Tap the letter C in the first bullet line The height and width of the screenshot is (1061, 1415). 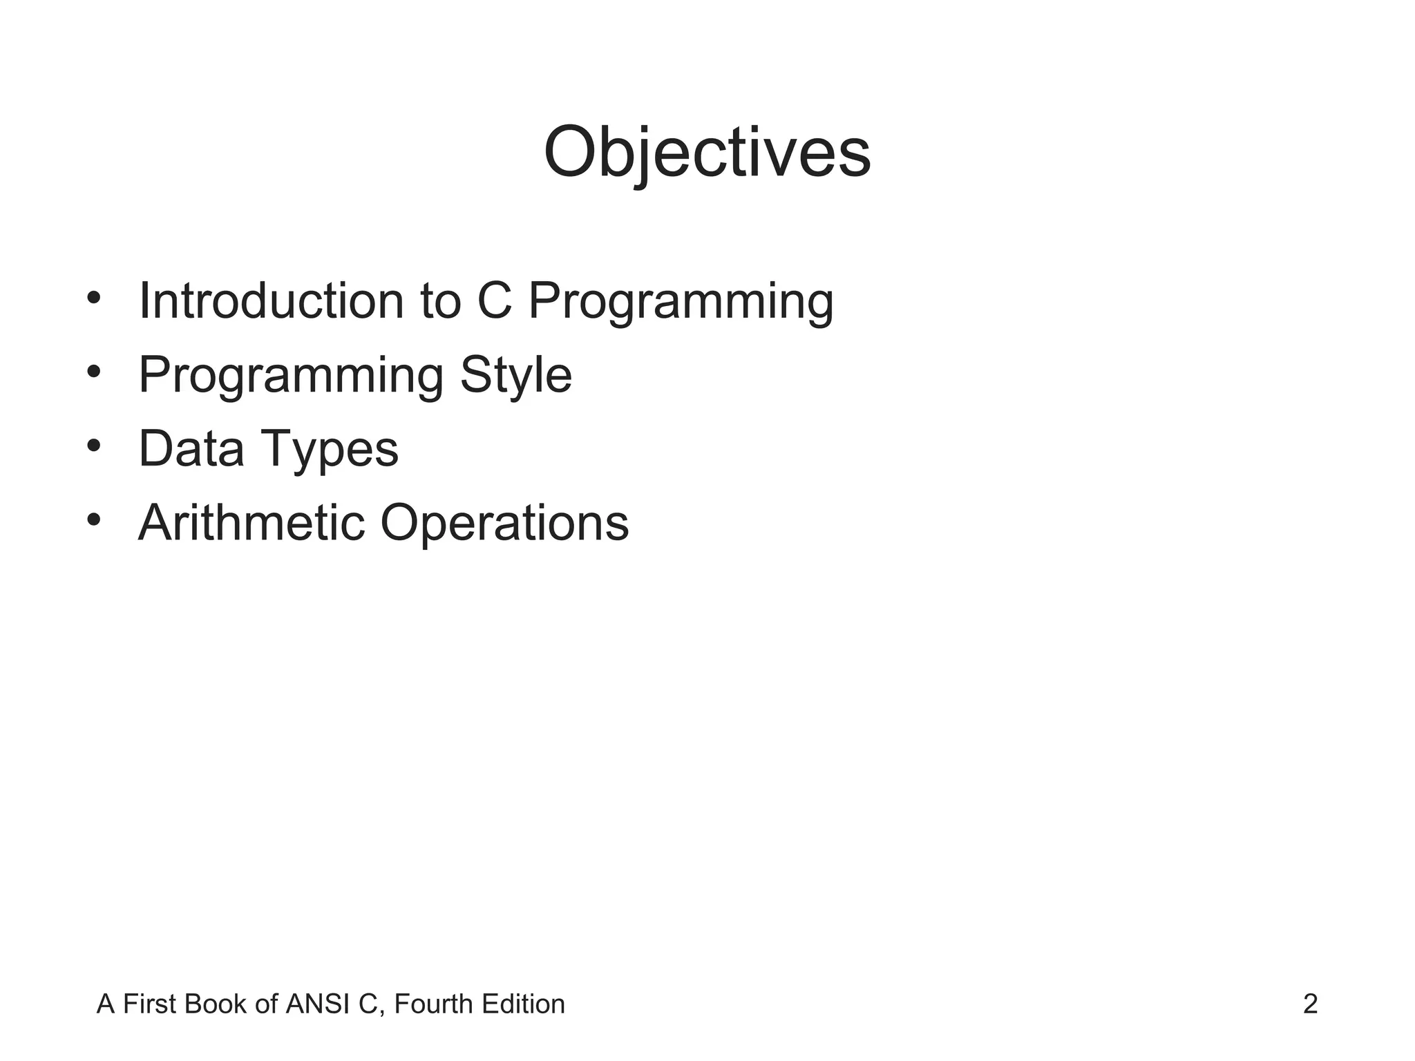tap(495, 301)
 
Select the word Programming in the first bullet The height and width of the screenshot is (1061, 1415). tap(681, 303)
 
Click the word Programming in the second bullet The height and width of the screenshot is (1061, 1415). tap(290, 376)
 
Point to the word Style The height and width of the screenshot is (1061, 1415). tap(515, 376)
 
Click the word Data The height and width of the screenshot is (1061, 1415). tap(191, 448)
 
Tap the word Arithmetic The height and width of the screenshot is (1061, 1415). tap(251, 522)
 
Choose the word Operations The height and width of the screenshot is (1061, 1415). tap(504, 524)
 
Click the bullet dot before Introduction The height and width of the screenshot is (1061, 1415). tap(95, 298)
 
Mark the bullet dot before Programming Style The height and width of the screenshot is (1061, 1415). tap(95, 372)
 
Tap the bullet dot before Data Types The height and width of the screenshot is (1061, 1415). tap(95, 446)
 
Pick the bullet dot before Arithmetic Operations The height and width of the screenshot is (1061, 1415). tap(95, 519)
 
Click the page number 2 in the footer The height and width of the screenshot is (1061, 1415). tap(1310, 1004)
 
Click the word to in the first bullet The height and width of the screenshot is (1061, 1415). tap(440, 303)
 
